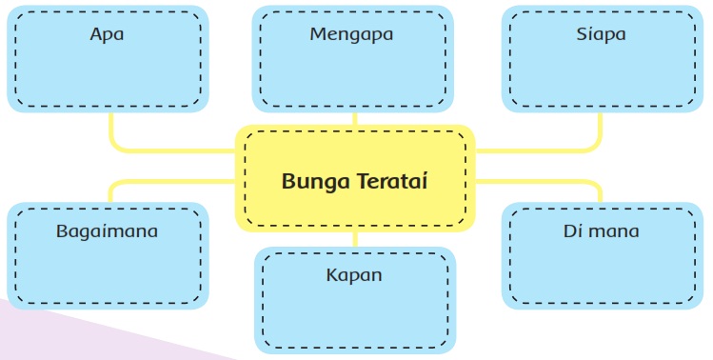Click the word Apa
point(107,34)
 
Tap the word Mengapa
point(351,35)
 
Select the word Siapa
point(601,34)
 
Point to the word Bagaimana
point(107,231)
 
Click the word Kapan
point(354,276)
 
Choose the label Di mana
point(601,231)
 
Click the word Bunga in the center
point(316,182)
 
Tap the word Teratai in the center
point(391,181)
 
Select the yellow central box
point(355,178)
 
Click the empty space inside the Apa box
point(108,72)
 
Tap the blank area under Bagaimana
point(108,271)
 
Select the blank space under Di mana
point(603,270)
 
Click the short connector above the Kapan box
point(355,239)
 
